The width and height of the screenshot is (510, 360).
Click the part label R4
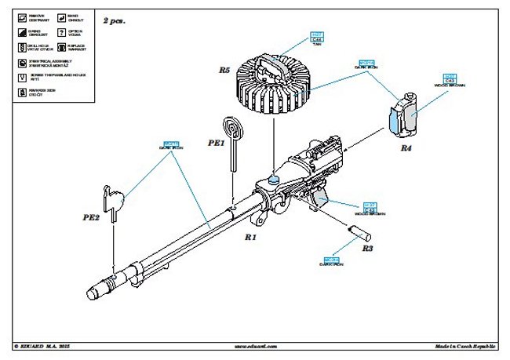pos(406,147)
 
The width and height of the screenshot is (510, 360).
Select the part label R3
pos(366,248)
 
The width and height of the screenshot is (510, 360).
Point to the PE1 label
pos(217,144)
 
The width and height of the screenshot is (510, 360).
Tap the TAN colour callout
pos(317,40)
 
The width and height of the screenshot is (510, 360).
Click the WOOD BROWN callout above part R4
pos(450,79)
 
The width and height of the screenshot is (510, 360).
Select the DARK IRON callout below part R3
pos(330,261)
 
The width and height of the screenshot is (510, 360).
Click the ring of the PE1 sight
pos(233,128)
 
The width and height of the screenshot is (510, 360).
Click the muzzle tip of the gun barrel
pos(93,292)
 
